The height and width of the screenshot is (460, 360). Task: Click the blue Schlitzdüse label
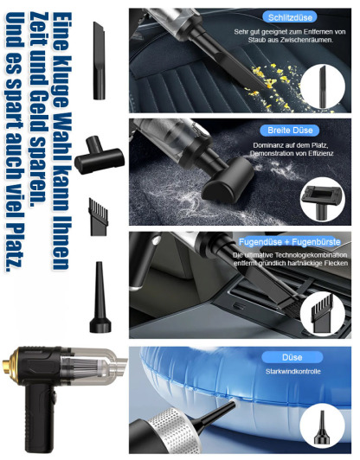290,17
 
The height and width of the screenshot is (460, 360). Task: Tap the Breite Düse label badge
290,130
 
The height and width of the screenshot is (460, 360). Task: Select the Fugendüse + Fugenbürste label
290,242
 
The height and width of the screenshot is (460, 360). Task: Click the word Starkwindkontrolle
292,372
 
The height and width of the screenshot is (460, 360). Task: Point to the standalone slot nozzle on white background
99,61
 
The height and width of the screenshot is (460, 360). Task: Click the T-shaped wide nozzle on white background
100,155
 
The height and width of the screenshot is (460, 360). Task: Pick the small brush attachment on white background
99,217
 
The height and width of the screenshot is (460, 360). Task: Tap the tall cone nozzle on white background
100,297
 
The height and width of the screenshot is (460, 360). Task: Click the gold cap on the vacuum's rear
8,365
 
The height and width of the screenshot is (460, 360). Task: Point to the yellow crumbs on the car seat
274,87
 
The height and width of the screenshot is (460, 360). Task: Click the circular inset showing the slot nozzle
323,87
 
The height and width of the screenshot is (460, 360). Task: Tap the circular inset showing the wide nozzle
323,200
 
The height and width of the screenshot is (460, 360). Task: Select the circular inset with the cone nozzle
323,427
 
